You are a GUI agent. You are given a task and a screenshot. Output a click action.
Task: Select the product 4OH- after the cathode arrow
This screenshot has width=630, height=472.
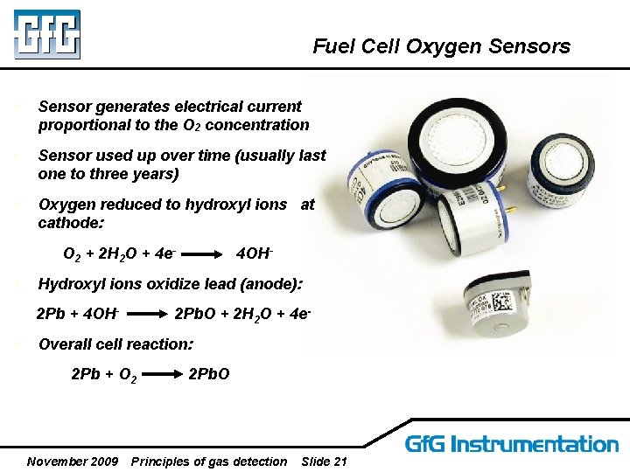255,255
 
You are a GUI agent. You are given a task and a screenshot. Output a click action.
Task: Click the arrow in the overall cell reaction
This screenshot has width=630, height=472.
163,375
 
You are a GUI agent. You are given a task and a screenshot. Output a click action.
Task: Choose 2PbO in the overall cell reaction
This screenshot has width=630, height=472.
209,374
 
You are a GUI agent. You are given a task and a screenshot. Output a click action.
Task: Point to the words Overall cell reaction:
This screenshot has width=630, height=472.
115,344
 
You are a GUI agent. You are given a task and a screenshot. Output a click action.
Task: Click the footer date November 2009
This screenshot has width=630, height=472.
73,462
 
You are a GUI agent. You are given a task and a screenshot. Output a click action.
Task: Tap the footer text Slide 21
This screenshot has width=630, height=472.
323,462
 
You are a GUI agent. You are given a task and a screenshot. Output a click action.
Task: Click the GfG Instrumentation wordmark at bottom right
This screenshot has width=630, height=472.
511,444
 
